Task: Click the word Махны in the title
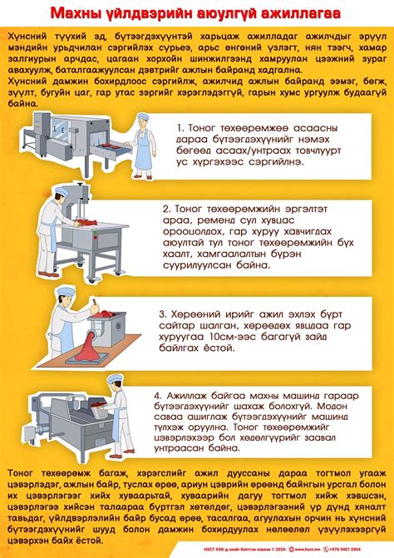click(78, 14)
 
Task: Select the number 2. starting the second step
click(167, 209)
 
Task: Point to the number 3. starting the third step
click(163, 317)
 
